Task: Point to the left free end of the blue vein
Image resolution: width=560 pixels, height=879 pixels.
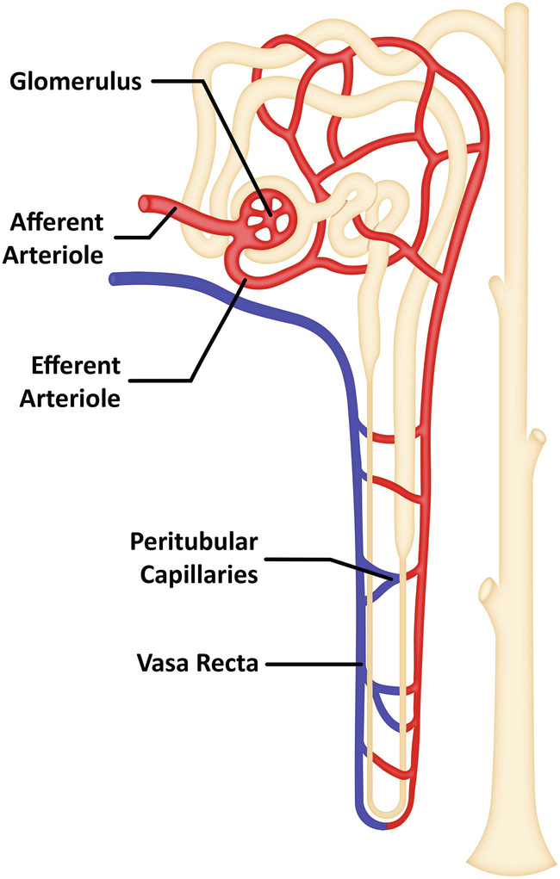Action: [x=115, y=279]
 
